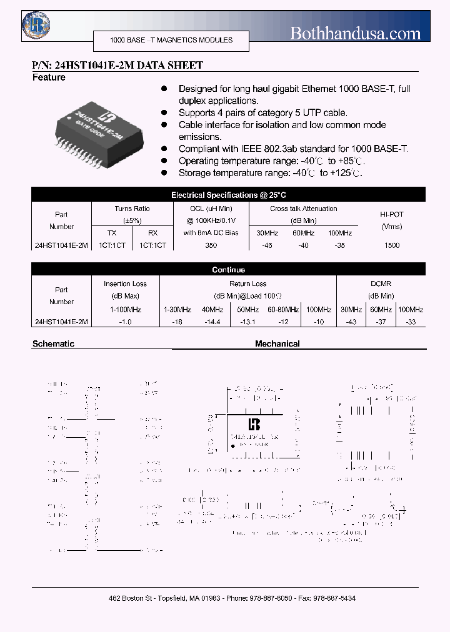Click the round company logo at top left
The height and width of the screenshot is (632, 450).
tap(36, 25)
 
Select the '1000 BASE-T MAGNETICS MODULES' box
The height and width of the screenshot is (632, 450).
tap(171, 40)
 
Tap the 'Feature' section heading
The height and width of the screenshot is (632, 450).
tap(49, 77)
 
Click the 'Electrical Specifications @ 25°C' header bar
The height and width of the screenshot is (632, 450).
tap(229, 195)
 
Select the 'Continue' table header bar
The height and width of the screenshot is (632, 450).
tap(229, 270)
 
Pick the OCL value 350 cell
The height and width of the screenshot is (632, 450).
tap(211, 245)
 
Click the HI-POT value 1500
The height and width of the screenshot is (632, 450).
tap(392, 245)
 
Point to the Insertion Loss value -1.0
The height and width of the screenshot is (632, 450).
tap(126, 322)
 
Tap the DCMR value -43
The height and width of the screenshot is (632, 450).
tap(351, 322)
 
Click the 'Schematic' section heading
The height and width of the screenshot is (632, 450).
tap(53, 343)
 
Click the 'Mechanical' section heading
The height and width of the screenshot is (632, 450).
tap(277, 343)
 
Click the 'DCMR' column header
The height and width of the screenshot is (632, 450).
tap(381, 284)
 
